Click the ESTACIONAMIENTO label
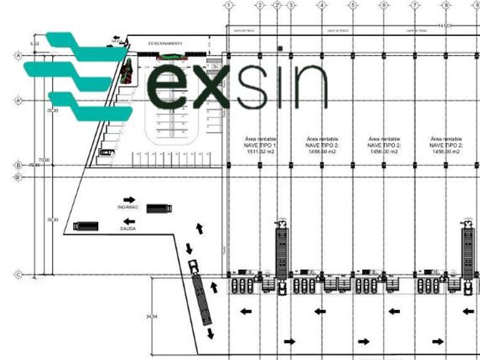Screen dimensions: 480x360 165,43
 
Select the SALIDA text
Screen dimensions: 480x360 128,229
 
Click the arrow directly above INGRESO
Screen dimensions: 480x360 129,199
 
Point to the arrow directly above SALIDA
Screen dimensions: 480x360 129,221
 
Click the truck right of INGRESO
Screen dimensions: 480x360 159,209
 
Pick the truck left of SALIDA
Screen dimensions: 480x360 86,226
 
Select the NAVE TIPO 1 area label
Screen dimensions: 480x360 260,146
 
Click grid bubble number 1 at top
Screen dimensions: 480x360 229,5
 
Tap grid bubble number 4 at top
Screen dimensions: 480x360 322,5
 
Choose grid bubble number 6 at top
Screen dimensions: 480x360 383,5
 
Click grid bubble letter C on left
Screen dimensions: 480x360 18,275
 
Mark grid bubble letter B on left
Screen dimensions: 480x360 18,166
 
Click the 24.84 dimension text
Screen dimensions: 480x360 151,316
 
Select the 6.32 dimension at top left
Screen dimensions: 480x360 35,43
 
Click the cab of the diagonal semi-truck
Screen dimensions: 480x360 193,266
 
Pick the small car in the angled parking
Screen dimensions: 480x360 107,153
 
